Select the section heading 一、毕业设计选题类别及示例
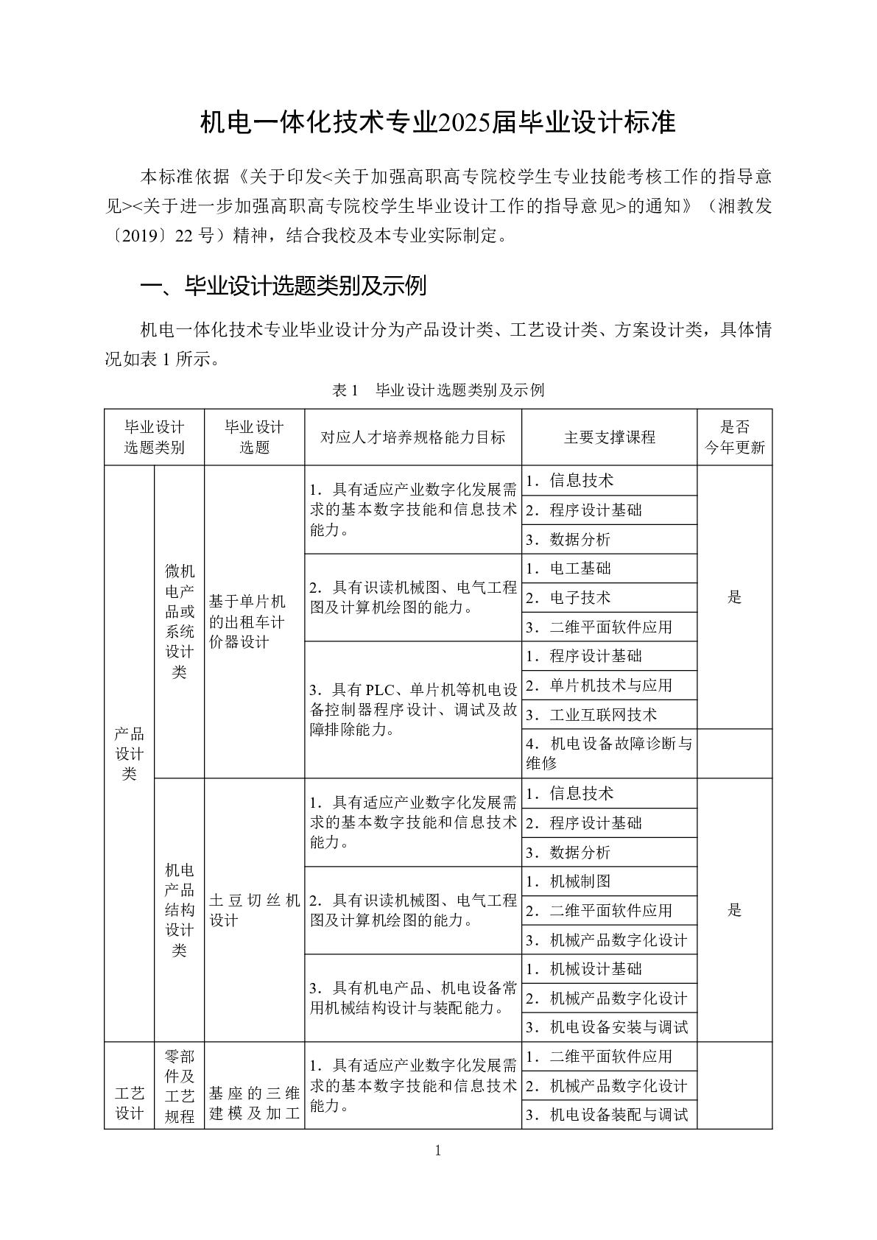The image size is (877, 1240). (283, 286)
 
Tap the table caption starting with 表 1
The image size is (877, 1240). (438, 390)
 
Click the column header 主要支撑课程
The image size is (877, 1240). (609, 437)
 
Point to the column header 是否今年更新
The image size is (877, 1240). (734, 437)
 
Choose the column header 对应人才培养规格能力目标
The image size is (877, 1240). (412, 437)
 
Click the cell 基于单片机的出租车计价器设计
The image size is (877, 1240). (254, 622)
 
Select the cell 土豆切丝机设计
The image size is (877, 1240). (254, 910)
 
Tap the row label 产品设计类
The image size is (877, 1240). (129, 753)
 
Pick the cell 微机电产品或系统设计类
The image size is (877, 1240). (180, 621)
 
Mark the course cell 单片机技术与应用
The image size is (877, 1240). (610, 686)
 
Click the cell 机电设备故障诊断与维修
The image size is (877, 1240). (609, 753)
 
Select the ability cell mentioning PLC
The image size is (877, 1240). (412, 710)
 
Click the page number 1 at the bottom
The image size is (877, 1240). (438, 1151)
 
